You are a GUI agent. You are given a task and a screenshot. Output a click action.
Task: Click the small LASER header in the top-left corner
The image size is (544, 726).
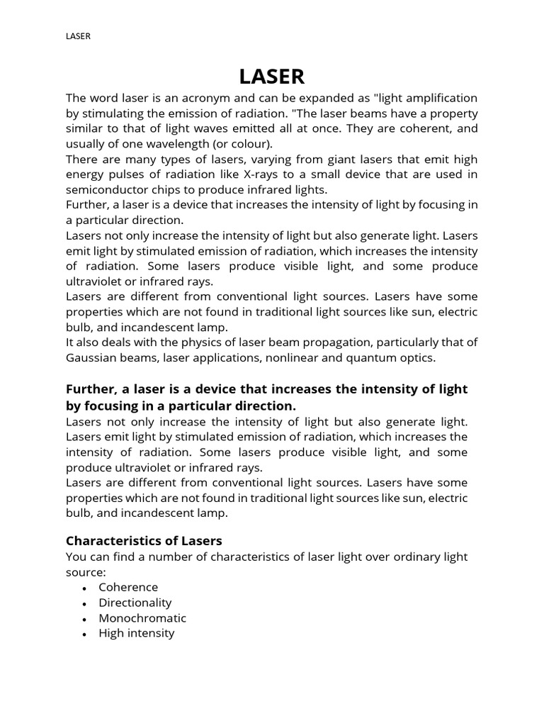[x=78, y=36]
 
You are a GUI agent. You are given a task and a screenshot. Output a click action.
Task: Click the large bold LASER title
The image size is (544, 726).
[x=271, y=77]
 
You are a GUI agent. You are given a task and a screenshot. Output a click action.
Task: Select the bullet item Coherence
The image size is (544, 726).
[x=128, y=588]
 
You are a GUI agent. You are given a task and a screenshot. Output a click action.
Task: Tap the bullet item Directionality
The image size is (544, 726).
[x=135, y=603]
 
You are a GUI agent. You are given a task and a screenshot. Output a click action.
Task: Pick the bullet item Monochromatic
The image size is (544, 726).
[x=142, y=618]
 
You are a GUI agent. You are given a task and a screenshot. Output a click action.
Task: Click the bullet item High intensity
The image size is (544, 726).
[x=136, y=633]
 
